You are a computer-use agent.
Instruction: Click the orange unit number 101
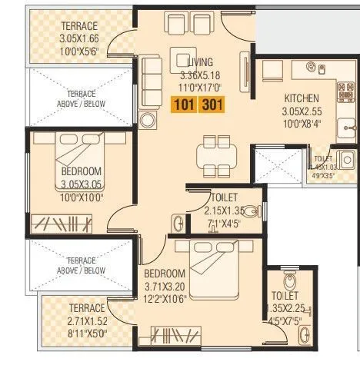(x=185, y=105)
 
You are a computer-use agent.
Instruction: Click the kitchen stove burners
(x=342, y=94)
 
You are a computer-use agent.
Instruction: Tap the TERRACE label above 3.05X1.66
(x=79, y=27)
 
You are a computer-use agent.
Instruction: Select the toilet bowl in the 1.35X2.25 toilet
(x=290, y=277)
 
